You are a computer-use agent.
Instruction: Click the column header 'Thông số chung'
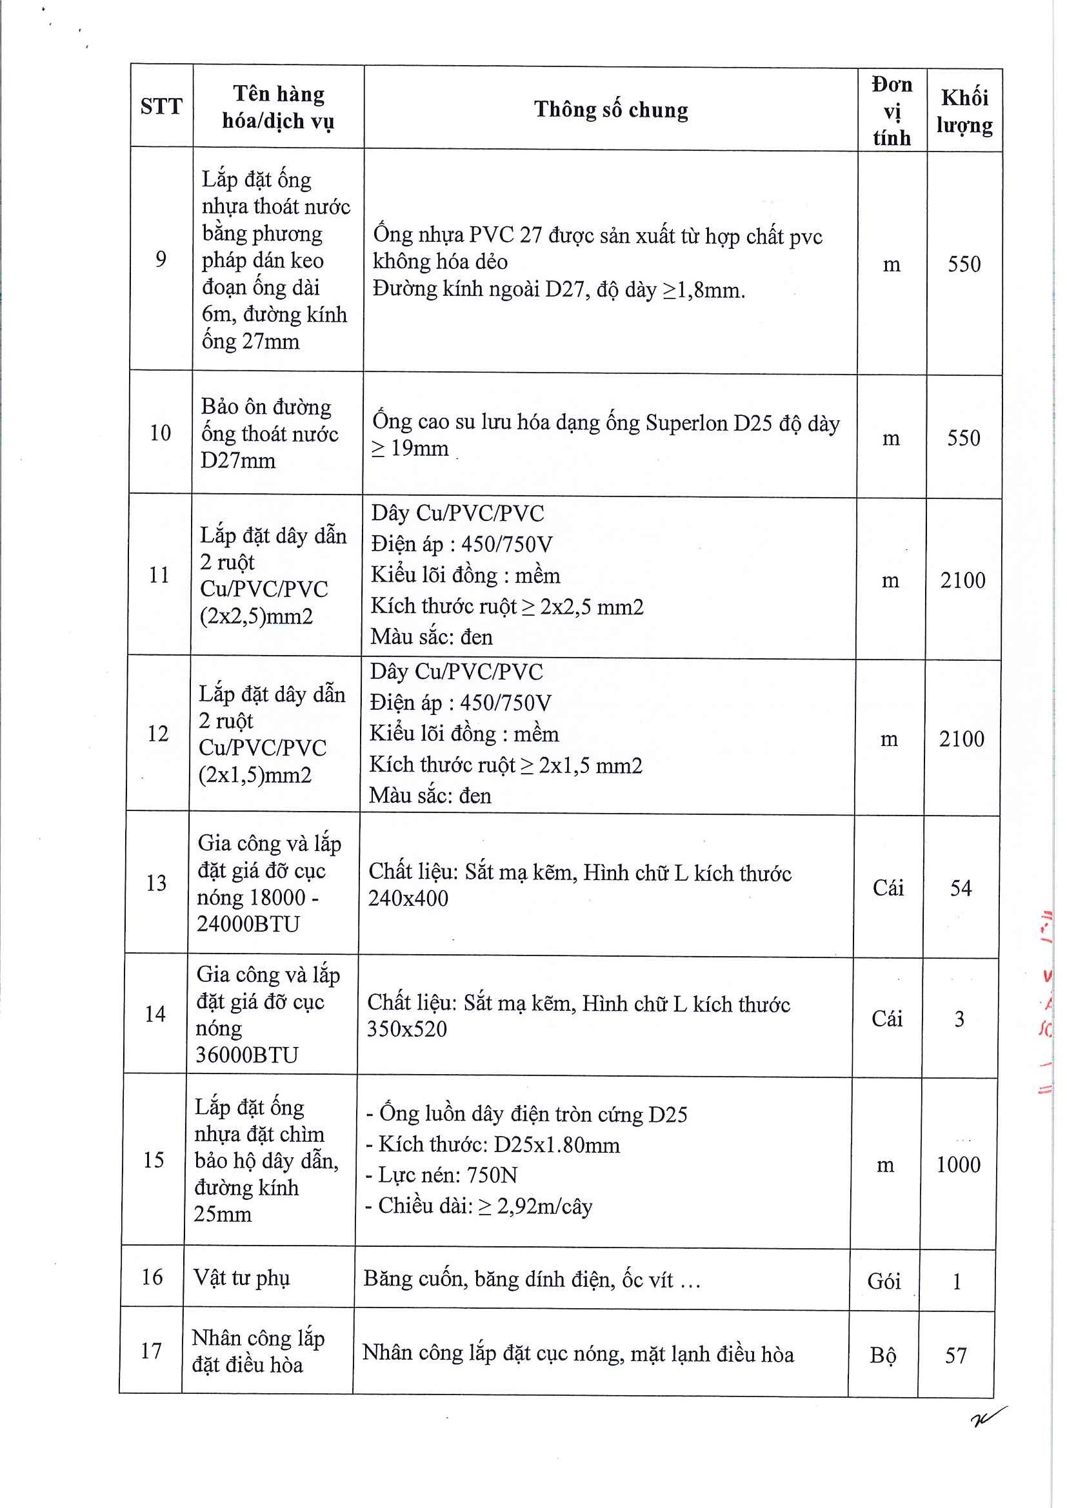[610, 110]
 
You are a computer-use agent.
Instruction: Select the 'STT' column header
[161, 106]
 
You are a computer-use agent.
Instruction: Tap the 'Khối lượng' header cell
[964, 111]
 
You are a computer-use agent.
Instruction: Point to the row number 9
[161, 260]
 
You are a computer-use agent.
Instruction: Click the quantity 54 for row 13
[961, 888]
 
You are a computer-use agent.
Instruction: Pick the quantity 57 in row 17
[956, 1355]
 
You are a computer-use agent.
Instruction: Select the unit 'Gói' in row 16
[884, 1281]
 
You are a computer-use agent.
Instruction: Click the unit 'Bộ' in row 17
[883, 1356]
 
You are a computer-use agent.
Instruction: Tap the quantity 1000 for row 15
[958, 1165]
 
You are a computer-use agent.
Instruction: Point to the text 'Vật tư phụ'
[241, 1277]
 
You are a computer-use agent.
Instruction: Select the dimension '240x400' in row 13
[408, 899]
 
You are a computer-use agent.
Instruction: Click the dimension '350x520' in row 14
[406, 1029]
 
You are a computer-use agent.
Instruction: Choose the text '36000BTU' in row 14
[247, 1055]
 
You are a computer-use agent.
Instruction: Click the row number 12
[157, 734]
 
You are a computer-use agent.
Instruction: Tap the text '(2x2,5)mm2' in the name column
[256, 617]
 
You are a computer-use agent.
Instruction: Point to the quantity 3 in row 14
[959, 1019]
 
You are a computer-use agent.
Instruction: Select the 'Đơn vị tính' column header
[892, 111]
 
